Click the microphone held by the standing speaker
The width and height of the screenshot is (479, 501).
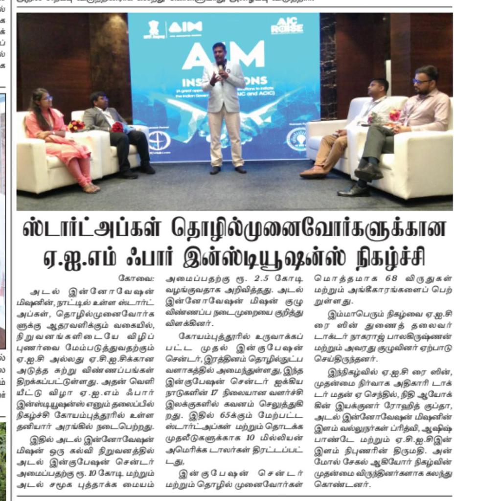pyautogui.click(x=221, y=67)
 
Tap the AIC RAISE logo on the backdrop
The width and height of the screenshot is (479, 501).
pyautogui.click(x=287, y=26)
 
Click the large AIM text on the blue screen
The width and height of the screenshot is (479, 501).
pyautogui.click(x=223, y=55)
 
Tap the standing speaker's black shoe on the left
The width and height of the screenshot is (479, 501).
pyautogui.click(x=215, y=170)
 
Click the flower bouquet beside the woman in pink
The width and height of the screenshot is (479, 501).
pyautogui.click(x=75, y=126)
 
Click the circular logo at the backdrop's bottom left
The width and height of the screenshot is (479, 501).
pyautogui.click(x=159, y=140)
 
